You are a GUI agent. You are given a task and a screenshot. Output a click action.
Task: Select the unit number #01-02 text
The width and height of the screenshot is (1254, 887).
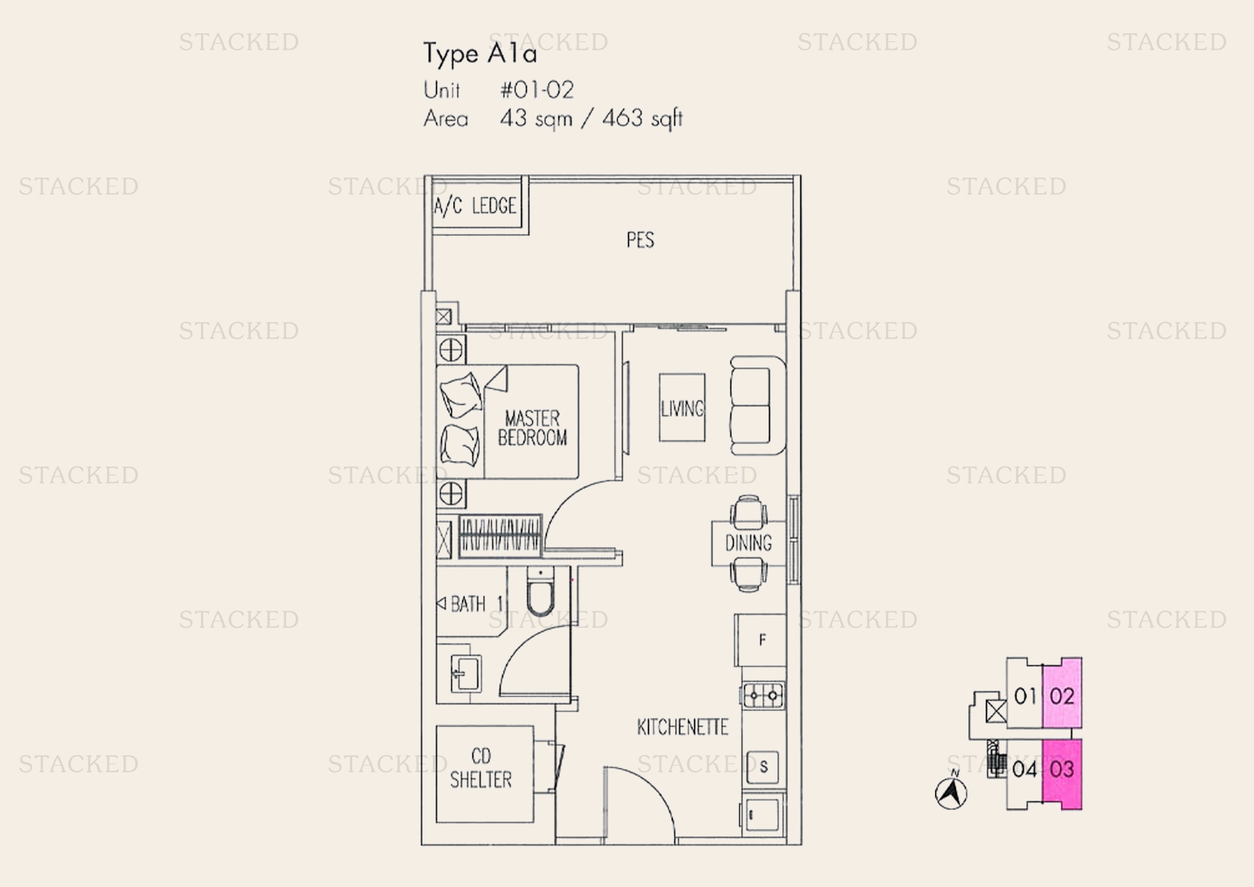click(x=537, y=90)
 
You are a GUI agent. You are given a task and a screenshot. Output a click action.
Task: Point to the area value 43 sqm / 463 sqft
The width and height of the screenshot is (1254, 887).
click(x=591, y=119)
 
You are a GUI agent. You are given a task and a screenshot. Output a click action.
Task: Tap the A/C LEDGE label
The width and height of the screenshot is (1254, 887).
click(x=474, y=206)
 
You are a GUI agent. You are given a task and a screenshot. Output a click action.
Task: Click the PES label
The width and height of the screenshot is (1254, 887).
click(x=640, y=240)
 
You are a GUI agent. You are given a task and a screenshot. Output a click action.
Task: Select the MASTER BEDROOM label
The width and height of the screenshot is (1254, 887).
click(x=532, y=428)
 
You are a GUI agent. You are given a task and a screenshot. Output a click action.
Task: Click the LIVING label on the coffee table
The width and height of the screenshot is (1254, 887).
click(x=682, y=409)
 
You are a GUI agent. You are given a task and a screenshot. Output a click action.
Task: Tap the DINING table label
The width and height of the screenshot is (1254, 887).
click(x=748, y=543)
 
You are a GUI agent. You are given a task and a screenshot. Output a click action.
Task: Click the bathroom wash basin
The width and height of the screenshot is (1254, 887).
click(x=465, y=674)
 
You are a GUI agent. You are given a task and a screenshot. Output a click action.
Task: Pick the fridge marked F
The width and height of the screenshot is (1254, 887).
click(x=760, y=640)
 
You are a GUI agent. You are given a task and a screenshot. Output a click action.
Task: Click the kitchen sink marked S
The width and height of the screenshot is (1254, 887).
click(x=763, y=767)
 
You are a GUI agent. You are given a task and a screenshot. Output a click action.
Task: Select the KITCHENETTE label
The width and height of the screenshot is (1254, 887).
click(x=682, y=727)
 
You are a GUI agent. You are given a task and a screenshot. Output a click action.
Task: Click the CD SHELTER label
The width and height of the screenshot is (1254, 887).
click(x=480, y=768)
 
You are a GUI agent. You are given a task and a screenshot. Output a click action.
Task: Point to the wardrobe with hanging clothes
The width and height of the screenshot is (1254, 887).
click(x=500, y=536)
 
